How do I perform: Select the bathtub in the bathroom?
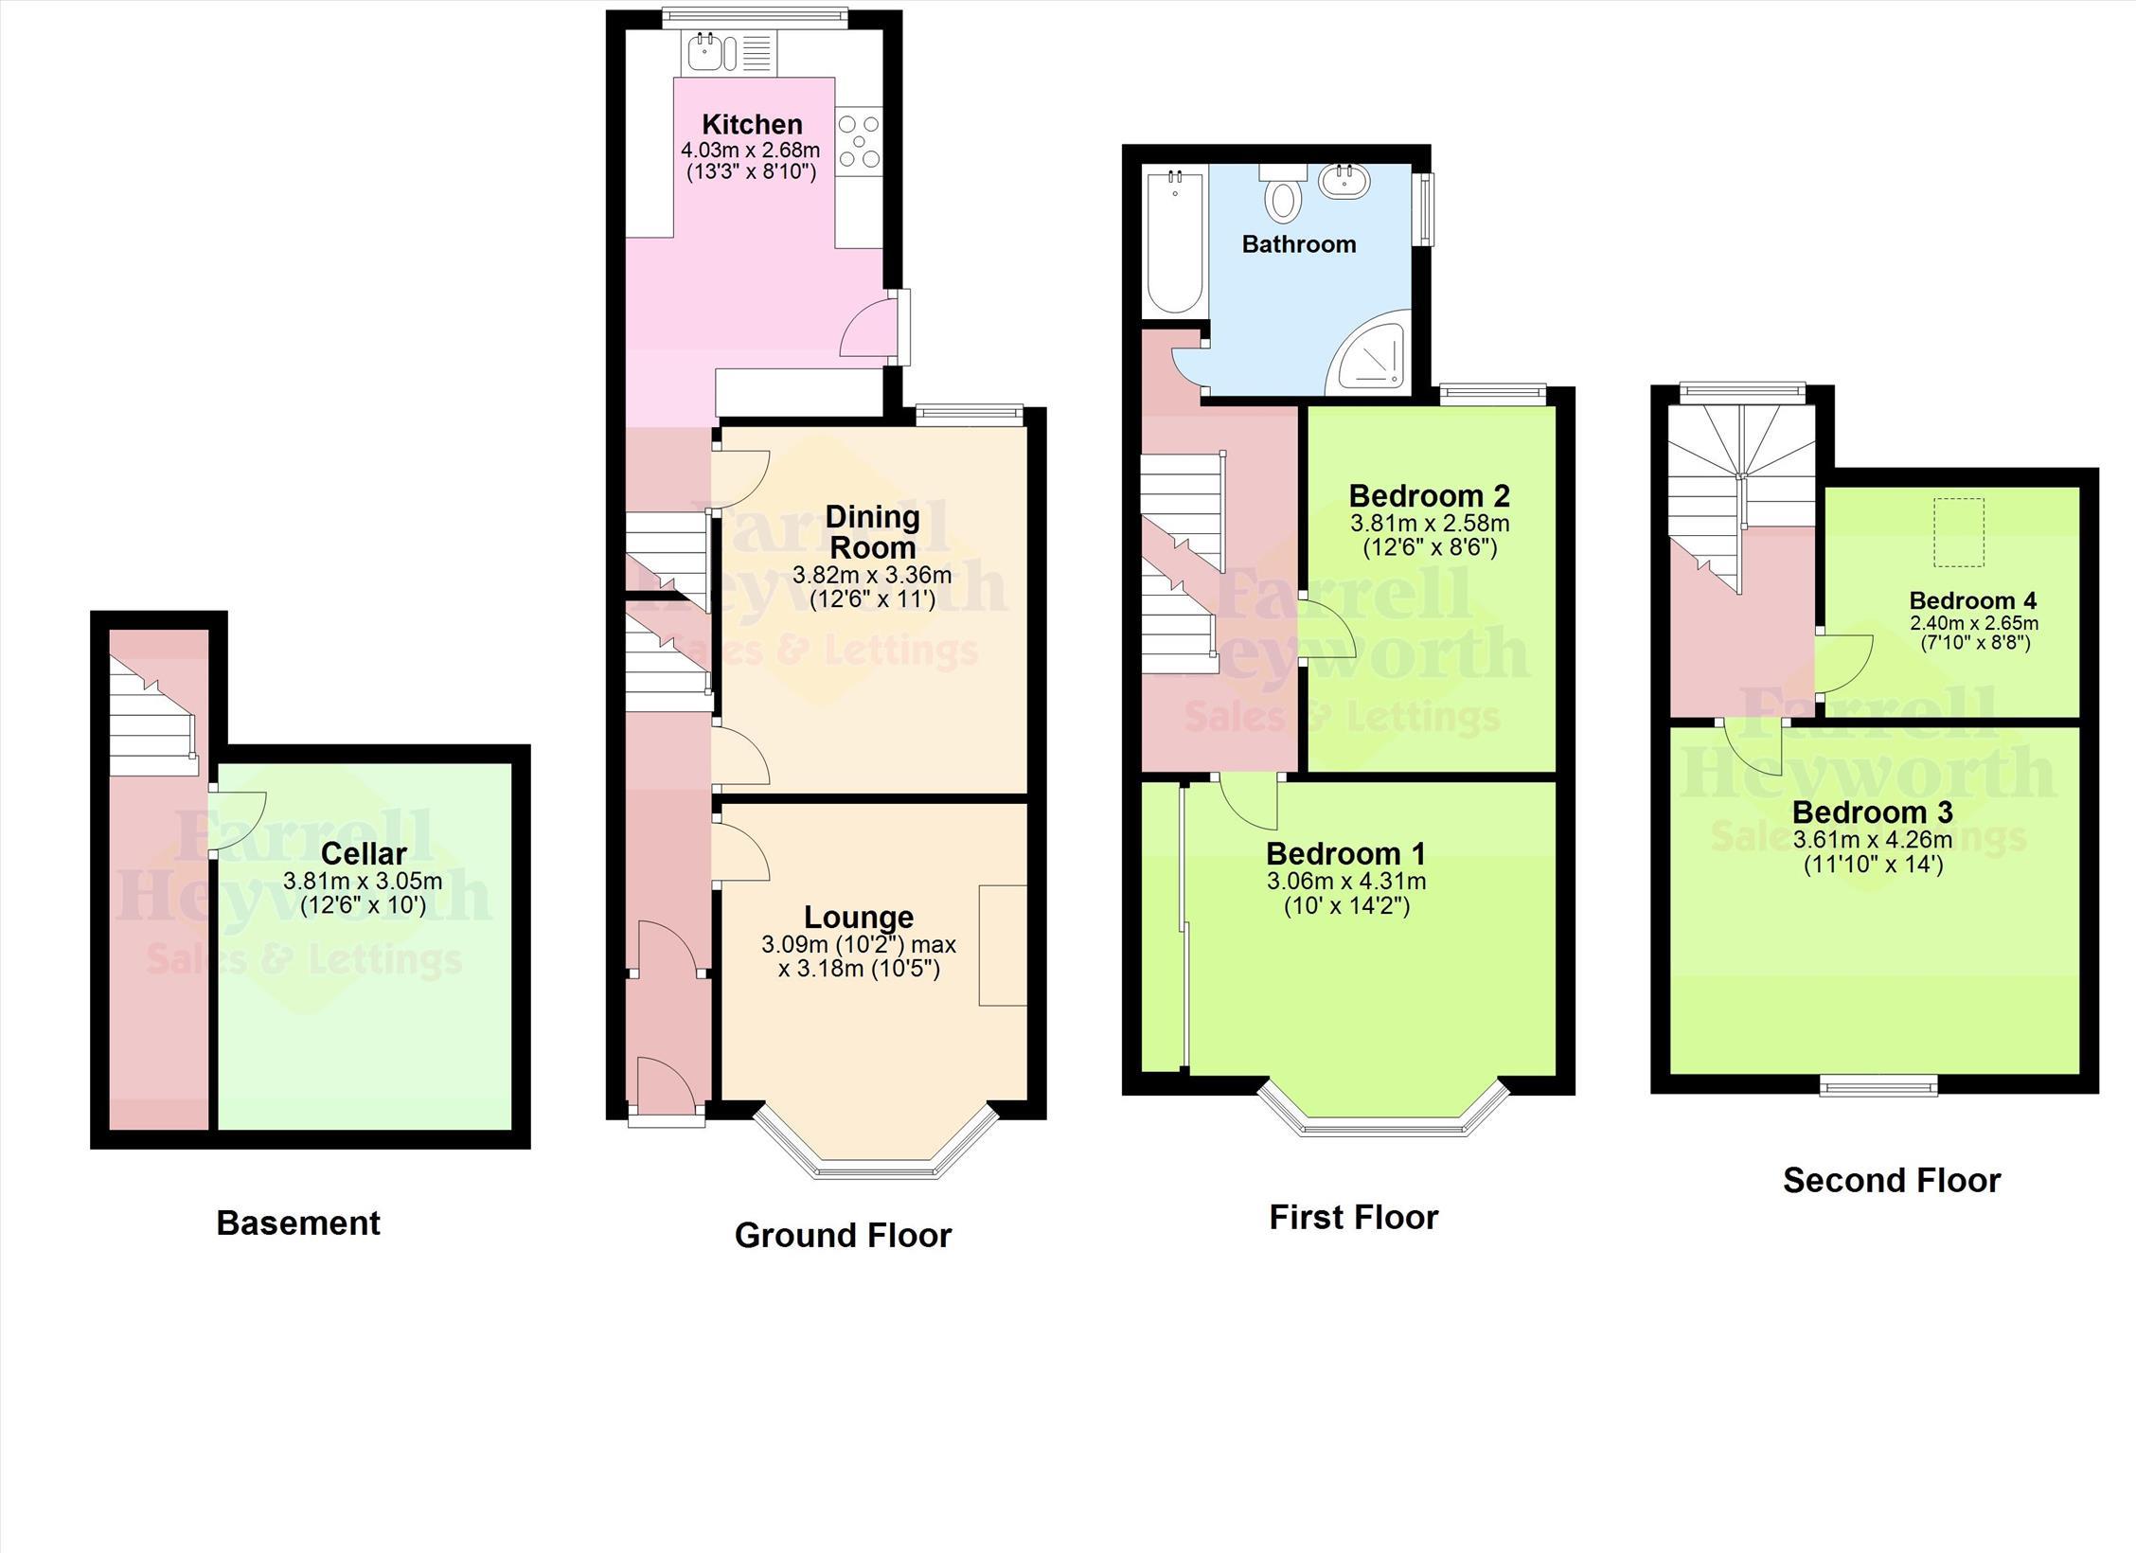[1175, 241]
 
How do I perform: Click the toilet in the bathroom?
[1283, 193]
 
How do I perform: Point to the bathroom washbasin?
[1345, 181]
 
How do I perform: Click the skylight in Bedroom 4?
[1958, 532]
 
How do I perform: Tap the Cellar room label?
[364, 853]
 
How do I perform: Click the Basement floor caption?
[298, 1223]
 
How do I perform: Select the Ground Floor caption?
[843, 1235]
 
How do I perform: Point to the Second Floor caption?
[1892, 1180]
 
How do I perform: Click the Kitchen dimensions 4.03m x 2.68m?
[750, 150]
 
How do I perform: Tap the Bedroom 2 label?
[1429, 495]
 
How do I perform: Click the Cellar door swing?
[239, 822]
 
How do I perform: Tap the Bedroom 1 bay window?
[1383, 1107]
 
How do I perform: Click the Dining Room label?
[872, 531]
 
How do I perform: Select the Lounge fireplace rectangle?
[1003, 945]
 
